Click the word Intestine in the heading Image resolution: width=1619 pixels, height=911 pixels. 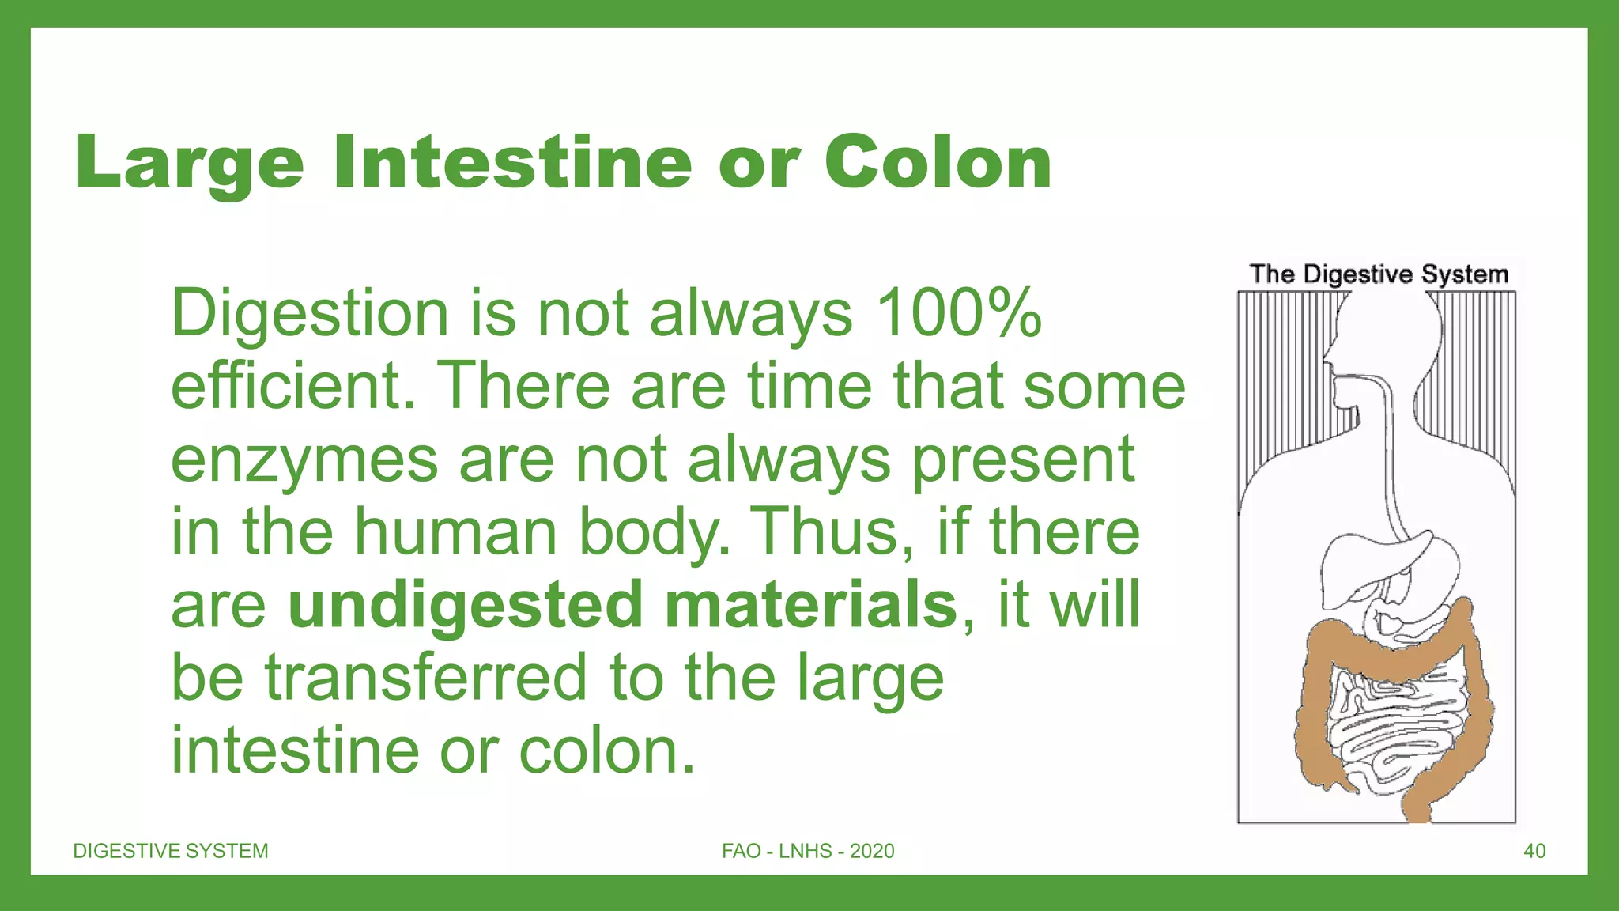point(512,163)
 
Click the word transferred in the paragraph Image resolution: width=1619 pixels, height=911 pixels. point(426,678)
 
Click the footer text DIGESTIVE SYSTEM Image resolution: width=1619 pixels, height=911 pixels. point(171,851)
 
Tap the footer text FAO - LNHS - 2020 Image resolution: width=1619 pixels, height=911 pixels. point(808,851)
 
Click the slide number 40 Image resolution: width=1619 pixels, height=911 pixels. point(1534,851)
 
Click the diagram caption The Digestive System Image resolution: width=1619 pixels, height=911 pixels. point(1379,274)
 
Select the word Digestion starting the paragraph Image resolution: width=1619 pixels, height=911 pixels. point(309,313)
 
